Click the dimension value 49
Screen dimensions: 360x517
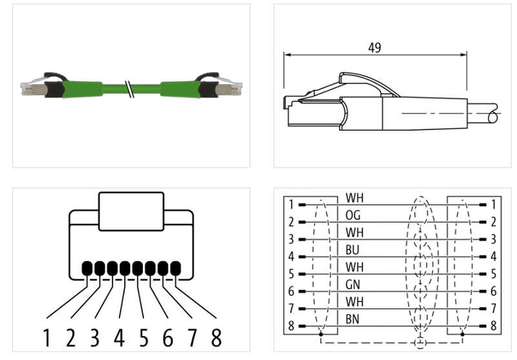pyautogui.click(x=374, y=48)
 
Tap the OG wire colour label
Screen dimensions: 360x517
pyautogui.click(x=353, y=215)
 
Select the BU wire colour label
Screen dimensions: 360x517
pyautogui.click(x=353, y=249)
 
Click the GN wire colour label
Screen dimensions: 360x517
pyautogui.click(x=353, y=284)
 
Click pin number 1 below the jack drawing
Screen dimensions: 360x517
pyautogui.click(x=47, y=337)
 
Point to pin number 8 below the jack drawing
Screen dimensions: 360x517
pyautogui.click(x=215, y=337)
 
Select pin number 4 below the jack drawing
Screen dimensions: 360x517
pyautogui.click(x=120, y=337)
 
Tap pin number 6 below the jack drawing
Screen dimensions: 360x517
pyautogui.click(x=168, y=337)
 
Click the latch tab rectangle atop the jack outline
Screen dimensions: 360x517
pyautogui.click(x=131, y=211)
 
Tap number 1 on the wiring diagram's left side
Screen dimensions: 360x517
pyautogui.click(x=292, y=204)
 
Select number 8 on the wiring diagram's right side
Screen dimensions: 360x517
pyautogui.click(x=494, y=326)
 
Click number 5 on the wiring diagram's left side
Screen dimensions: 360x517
pyautogui.click(x=292, y=273)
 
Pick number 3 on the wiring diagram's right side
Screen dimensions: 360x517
pyautogui.click(x=494, y=239)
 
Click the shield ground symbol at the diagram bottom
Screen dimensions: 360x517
pyautogui.click(x=421, y=341)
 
